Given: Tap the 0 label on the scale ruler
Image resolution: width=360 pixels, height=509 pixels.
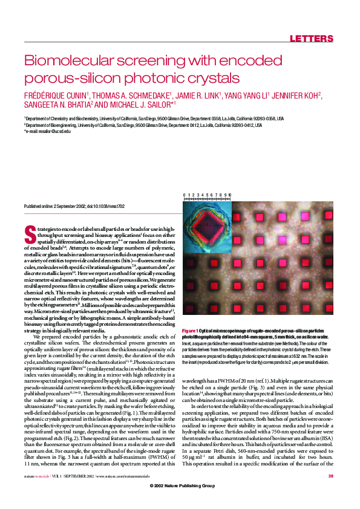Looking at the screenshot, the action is coord(184,195).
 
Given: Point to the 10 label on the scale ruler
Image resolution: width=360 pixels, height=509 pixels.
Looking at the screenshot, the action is coord(229,195).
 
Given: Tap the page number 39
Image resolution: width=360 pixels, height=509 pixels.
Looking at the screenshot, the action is coord(330,494).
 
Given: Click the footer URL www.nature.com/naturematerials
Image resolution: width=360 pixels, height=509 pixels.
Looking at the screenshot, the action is coord(128,494).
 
